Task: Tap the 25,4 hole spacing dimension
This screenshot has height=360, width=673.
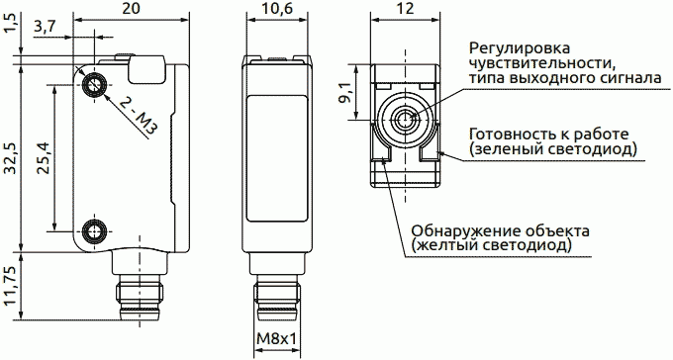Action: point(43,157)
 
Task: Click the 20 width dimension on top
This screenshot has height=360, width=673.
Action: point(132,9)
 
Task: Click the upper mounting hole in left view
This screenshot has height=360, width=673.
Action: point(96,84)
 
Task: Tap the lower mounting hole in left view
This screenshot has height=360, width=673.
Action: point(96,231)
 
